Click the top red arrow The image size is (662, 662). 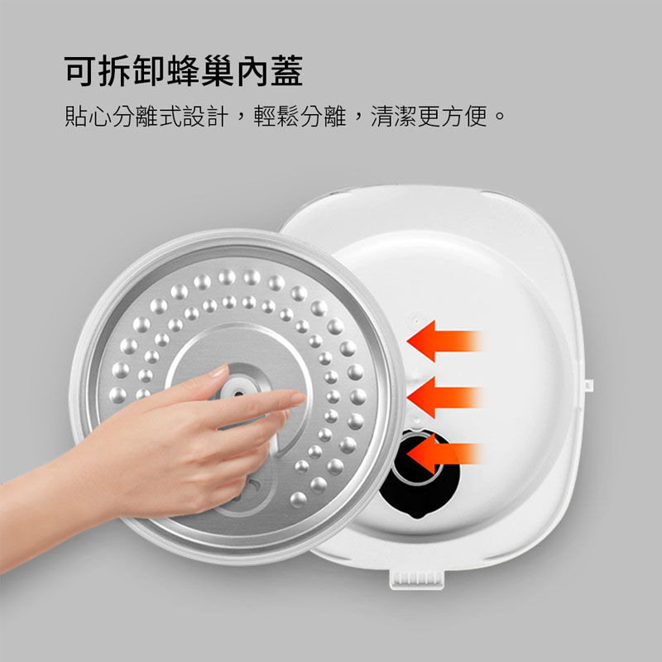444,341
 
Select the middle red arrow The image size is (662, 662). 444,397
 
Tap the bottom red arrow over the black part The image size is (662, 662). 444,453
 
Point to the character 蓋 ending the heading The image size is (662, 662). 286,71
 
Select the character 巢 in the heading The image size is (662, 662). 218,71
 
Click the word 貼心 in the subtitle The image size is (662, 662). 88,116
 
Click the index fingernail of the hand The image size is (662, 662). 299,397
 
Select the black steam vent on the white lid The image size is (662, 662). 418,473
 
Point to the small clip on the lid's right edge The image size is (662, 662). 588,385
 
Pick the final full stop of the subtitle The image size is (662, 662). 500,115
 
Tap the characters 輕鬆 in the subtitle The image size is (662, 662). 276,116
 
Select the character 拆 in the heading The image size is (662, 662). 114,71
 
